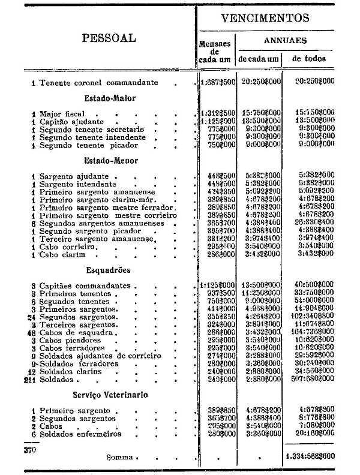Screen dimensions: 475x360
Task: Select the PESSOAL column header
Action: tap(109, 38)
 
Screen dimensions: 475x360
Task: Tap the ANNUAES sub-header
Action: tap(286, 41)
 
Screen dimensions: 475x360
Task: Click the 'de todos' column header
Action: tap(309, 59)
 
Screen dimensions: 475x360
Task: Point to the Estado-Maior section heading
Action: tap(110, 98)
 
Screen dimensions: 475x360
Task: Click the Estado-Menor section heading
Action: tap(111, 161)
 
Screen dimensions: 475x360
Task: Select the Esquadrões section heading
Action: tap(108, 270)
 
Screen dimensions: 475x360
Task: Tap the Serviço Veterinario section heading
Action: tap(111, 395)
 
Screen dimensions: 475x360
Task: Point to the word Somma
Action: tap(120, 457)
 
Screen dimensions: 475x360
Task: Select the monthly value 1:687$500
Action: tap(217, 82)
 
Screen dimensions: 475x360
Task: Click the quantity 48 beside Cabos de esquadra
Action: tap(31, 333)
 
